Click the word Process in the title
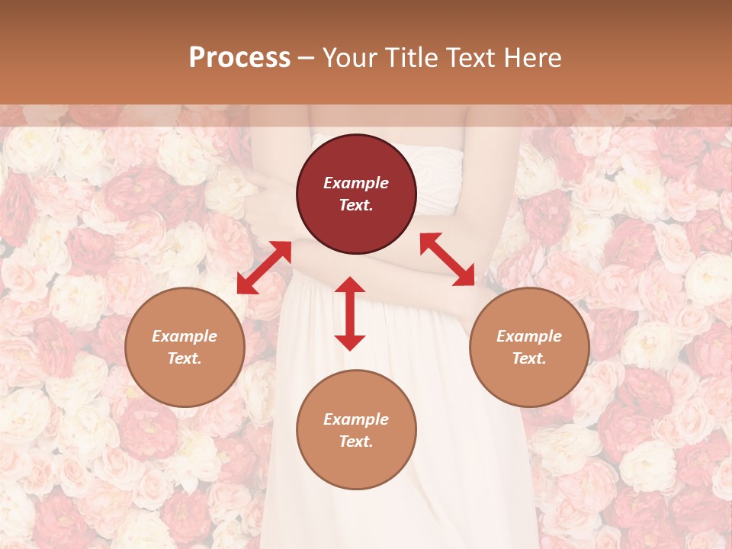point(239,58)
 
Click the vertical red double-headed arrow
point(350,313)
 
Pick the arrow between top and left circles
point(264,267)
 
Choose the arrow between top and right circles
point(448,259)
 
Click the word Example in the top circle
point(356,183)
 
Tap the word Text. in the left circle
point(185,358)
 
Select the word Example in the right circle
point(529,336)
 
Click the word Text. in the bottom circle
point(356,441)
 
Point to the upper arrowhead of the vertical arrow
point(350,284)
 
